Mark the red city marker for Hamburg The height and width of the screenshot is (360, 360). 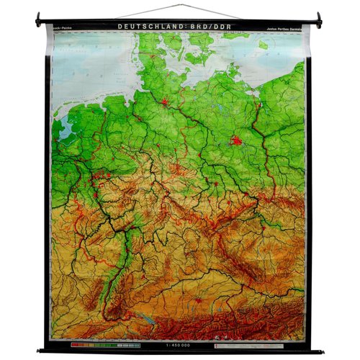point(165,102)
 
